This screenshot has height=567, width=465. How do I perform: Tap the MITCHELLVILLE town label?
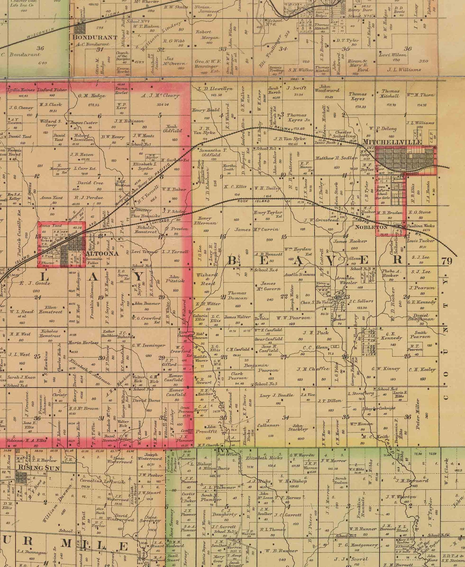tap(392, 142)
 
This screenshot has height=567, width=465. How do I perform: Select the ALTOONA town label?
tap(102, 253)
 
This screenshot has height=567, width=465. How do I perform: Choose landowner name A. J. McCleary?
tap(160, 95)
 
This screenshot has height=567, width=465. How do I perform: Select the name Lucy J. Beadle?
tap(277, 395)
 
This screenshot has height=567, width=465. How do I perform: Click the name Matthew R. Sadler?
tap(336, 158)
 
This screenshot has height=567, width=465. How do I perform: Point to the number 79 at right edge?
tap(447, 261)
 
